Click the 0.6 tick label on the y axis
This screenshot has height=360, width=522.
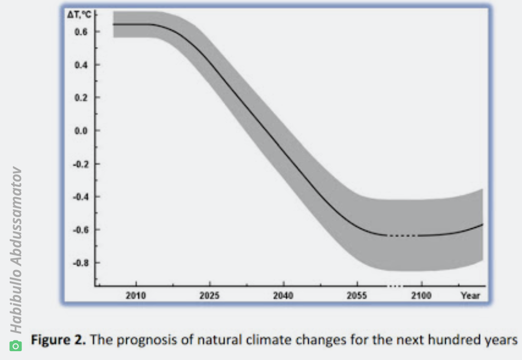[x=81, y=32]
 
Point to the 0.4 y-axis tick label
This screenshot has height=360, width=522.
[x=81, y=65]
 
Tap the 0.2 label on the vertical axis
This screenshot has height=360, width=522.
[x=81, y=98]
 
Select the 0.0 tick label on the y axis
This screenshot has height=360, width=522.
[x=81, y=131]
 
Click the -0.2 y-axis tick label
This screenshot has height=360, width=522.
[x=80, y=164]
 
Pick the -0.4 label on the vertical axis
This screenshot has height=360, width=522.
[x=80, y=197]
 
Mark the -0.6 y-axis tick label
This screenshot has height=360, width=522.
[x=80, y=229]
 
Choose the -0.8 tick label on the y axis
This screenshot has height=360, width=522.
[x=80, y=263]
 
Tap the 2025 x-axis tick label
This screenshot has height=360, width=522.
[x=209, y=295]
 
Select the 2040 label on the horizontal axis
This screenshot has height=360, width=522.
[x=283, y=295]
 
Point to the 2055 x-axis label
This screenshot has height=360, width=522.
[x=357, y=295]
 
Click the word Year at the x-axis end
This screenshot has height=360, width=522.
[x=470, y=295]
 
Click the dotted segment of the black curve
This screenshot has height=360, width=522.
[x=403, y=236]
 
